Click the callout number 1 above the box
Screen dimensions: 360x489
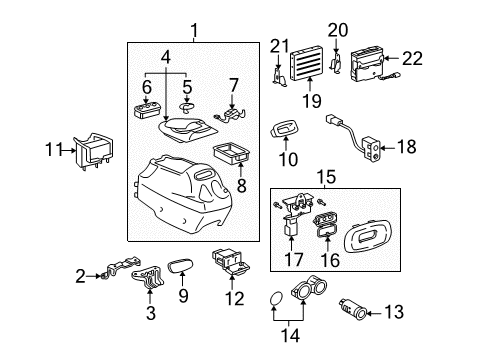[x=194, y=32]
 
